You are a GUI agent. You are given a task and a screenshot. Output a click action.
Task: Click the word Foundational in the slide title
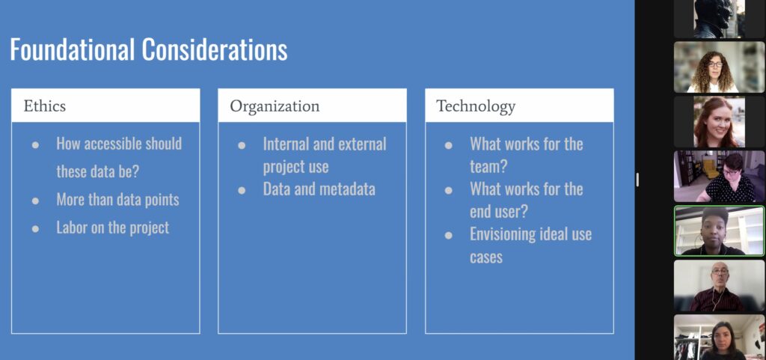click(72, 49)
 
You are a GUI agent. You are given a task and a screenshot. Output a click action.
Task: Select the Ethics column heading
click(44, 106)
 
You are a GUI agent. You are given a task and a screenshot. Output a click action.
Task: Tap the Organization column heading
click(275, 106)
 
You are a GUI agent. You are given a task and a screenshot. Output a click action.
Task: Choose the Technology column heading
click(475, 106)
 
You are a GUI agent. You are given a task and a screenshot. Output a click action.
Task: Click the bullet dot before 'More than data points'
click(36, 201)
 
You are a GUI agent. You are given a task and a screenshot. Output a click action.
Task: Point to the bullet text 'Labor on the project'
click(113, 228)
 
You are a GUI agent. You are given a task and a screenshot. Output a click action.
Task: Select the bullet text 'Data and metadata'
click(319, 189)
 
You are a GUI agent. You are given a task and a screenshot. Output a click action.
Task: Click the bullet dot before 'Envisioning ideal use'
click(449, 236)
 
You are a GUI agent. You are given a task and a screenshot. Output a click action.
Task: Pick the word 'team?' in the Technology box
click(488, 167)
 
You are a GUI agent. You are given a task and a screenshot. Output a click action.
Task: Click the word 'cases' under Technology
click(486, 257)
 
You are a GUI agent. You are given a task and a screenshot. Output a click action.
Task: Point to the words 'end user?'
click(499, 212)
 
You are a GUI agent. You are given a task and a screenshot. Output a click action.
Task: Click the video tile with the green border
click(720, 231)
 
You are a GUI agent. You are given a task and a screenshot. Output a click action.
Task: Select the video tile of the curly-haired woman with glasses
click(720, 67)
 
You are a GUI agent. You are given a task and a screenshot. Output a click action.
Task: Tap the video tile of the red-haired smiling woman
click(720, 122)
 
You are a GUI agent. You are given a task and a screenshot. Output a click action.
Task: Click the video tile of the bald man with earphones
click(720, 286)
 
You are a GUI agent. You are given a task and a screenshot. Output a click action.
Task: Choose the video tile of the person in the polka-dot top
click(720, 177)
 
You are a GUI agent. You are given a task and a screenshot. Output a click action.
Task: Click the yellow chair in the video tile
click(709, 169)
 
